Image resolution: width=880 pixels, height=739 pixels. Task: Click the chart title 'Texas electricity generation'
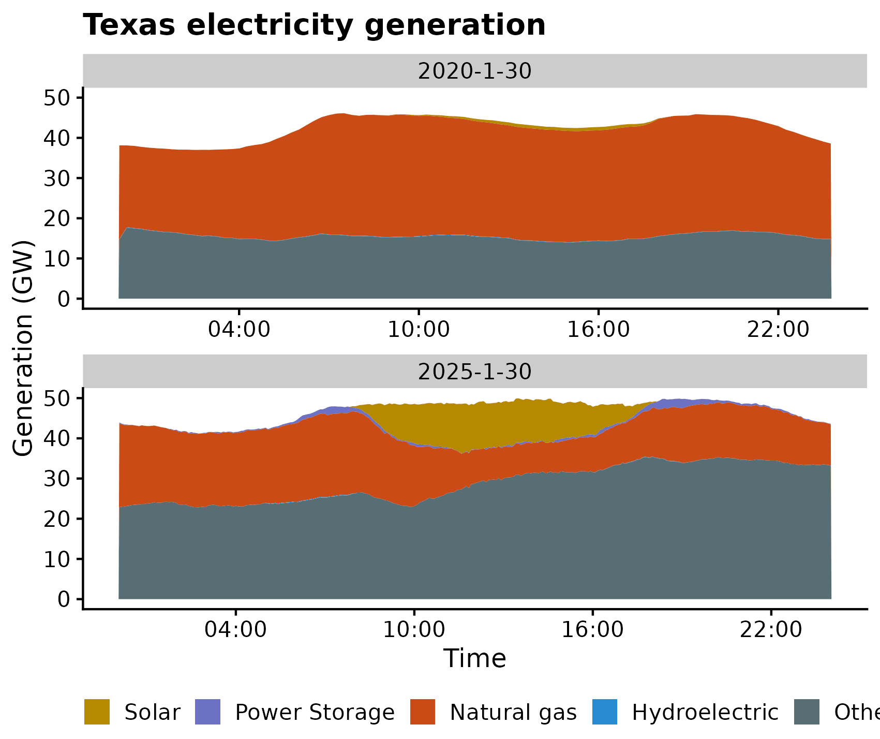[314, 25]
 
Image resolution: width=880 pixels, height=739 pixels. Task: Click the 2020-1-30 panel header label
[474, 71]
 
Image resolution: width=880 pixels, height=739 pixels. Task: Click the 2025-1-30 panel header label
[474, 372]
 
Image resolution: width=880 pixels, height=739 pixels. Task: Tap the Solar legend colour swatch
[97, 712]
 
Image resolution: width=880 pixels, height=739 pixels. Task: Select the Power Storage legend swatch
[208, 712]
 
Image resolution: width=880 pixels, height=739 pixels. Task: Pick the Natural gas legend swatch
[423, 712]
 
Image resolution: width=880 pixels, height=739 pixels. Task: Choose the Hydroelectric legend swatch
[605, 712]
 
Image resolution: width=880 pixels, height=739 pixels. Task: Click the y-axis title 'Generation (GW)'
[23, 348]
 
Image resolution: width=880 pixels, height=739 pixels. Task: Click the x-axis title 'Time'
[474, 659]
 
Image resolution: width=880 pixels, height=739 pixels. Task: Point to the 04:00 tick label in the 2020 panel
[239, 330]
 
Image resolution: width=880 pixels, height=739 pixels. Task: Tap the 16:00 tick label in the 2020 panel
[598, 330]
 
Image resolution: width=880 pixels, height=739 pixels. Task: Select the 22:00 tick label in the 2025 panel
[771, 630]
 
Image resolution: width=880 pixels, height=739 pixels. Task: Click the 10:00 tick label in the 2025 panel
[414, 630]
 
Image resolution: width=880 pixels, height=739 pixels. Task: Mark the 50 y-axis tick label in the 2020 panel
[57, 98]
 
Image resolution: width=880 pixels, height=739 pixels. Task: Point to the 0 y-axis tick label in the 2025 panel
[64, 599]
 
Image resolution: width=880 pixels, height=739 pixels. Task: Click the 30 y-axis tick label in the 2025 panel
[57, 479]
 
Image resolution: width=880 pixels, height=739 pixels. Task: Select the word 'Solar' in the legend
[153, 713]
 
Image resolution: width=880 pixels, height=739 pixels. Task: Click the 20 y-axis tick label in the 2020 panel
[57, 218]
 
